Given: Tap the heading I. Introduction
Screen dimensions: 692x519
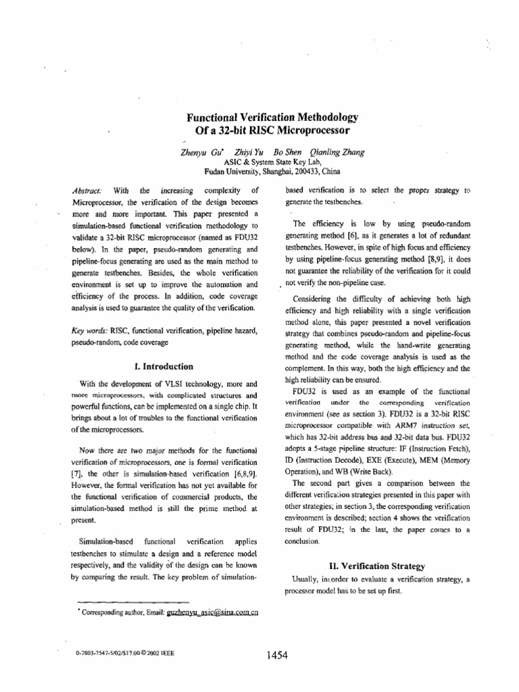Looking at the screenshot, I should [164, 366].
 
